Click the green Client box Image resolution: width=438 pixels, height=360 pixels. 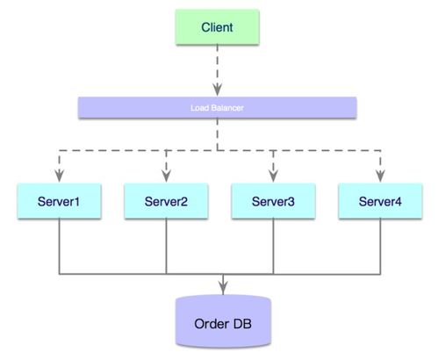coord(217,27)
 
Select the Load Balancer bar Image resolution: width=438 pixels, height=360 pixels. coord(217,107)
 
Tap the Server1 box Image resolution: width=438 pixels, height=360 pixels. coord(59,201)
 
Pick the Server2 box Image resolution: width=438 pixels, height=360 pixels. coord(166,201)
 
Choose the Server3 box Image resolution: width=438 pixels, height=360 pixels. coord(273,201)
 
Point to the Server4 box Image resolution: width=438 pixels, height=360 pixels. coord(380,201)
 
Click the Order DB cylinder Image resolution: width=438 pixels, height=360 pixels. coord(223,321)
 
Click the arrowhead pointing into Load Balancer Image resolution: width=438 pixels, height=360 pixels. coord(217,90)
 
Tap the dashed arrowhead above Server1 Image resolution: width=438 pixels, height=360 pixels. coord(59,176)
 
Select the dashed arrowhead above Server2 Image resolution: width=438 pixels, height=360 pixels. coord(166,176)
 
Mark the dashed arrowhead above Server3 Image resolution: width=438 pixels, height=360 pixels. coord(273,176)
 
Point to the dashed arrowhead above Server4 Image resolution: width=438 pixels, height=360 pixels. coord(380,176)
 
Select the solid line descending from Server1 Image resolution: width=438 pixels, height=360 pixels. coord(59,246)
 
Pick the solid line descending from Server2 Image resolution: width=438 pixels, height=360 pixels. coord(166,246)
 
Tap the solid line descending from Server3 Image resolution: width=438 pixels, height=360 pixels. coord(273,246)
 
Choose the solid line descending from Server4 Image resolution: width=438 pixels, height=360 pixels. coord(380,246)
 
